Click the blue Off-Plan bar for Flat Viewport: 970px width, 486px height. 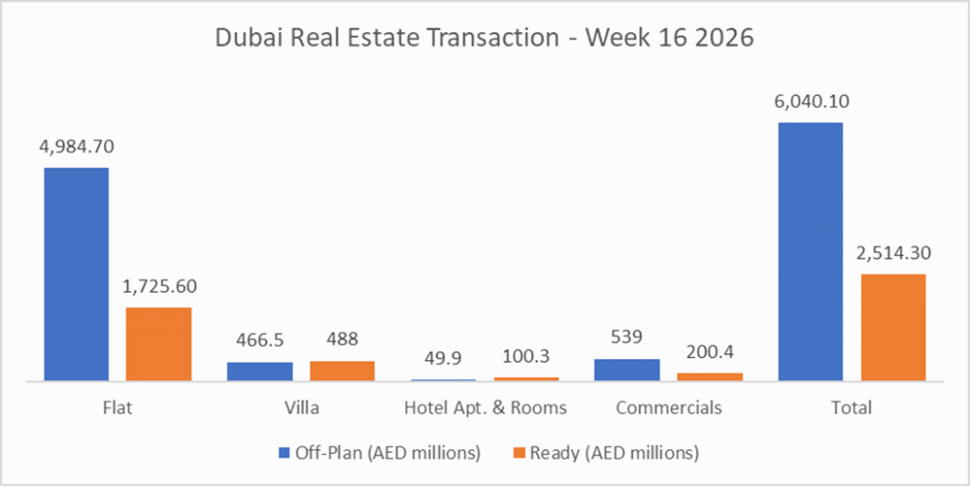(76, 275)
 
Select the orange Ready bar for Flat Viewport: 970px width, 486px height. (159, 344)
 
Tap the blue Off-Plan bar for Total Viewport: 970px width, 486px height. (810, 252)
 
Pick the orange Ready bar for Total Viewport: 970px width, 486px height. (893, 328)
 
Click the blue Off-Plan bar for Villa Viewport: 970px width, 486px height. (260, 371)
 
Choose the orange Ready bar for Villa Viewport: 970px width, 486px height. (342, 370)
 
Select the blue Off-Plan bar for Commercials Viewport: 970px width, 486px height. (627, 369)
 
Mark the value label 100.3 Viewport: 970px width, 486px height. (526, 356)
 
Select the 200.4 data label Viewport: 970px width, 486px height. (710, 352)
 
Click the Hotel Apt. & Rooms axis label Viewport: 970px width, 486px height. (485, 408)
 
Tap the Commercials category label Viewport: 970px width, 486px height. (669, 408)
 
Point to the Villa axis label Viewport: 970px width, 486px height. (301, 408)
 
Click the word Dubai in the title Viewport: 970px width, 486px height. (249, 40)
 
